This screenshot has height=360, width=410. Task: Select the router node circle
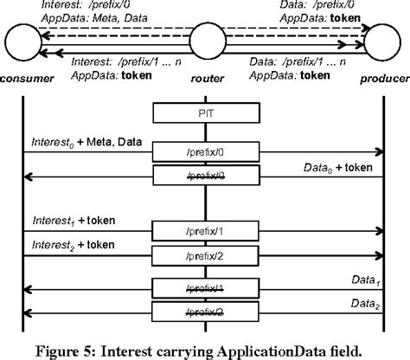[x=205, y=41]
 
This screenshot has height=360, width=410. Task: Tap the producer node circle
[x=382, y=41]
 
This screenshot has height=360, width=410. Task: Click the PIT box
[x=205, y=112]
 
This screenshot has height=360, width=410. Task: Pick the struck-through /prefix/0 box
[x=205, y=177]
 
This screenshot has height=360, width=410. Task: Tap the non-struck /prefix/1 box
[x=205, y=232]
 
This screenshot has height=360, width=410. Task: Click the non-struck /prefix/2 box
[x=205, y=255]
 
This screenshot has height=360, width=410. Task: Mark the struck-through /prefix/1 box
[x=205, y=289]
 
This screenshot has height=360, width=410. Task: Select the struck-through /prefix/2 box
[x=205, y=312]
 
